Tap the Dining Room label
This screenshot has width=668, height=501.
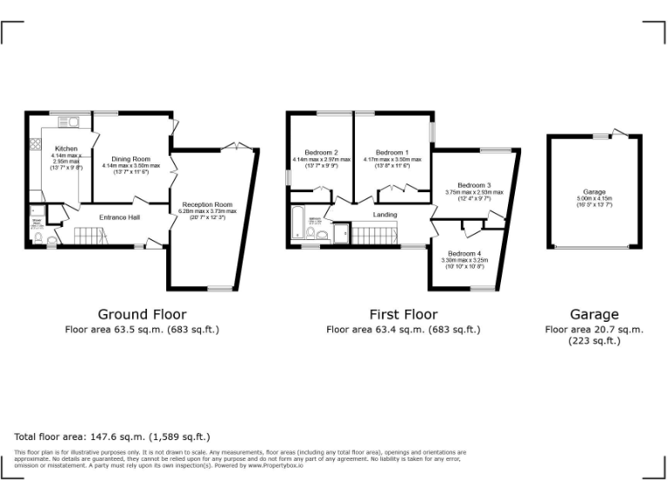130,159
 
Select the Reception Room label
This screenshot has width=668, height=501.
208,204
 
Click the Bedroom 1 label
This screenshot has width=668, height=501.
391,153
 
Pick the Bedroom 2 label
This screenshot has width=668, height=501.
322,153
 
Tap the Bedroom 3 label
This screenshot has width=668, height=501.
474,185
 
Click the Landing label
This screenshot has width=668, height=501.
384,214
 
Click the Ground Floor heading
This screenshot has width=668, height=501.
142,314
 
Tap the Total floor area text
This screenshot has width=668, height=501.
112,437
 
